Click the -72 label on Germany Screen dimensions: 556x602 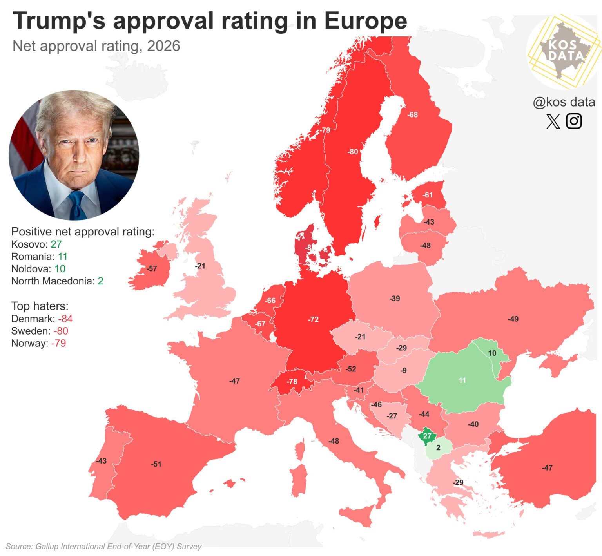point(313,319)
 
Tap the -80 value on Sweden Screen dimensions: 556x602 point(353,152)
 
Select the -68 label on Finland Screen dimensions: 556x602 point(412,115)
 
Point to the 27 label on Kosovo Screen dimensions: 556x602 point(427,436)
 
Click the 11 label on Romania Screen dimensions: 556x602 point(462,380)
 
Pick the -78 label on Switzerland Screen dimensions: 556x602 point(292,381)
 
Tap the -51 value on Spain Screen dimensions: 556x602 point(156,464)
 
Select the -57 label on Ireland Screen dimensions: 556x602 point(152,269)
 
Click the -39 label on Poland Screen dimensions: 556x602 point(395,299)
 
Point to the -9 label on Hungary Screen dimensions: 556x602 point(403,370)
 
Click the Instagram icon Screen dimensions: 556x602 point(574,121)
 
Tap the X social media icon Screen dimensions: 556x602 point(553,121)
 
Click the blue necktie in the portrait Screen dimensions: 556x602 point(77,206)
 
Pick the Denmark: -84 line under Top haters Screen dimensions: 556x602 point(42,319)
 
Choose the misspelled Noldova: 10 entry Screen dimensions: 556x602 point(38,269)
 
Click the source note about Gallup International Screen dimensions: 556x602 point(104,546)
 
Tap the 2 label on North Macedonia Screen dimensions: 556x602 point(438,447)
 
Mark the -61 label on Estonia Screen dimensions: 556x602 point(428,195)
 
